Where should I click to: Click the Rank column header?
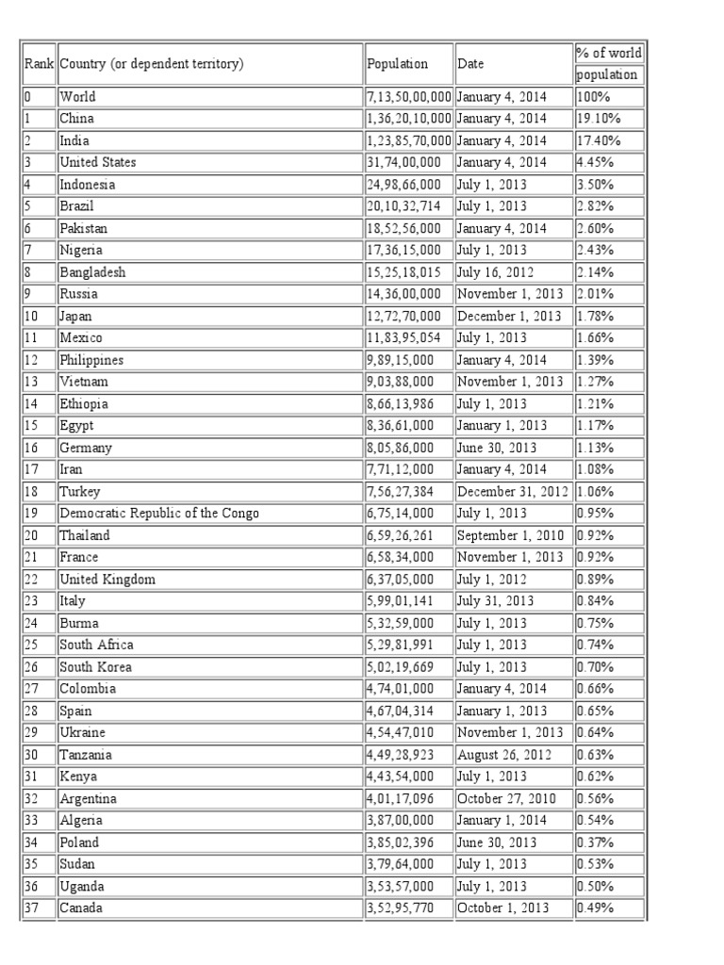pyautogui.click(x=38, y=64)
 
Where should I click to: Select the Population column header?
pyautogui.click(x=397, y=64)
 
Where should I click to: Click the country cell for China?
pyautogui.click(x=76, y=119)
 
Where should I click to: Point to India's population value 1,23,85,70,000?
pyautogui.click(x=409, y=140)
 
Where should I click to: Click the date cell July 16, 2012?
pyautogui.click(x=495, y=272)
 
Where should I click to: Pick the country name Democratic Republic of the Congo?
pyautogui.click(x=158, y=514)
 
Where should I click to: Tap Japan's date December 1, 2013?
pyautogui.click(x=508, y=316)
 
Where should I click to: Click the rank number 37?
pyautogui.click(x=32, y=908)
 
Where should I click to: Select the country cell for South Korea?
pyautogui.click(x=95, y=667)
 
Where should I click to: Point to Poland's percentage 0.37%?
pyautogui.click(x=594, y=842)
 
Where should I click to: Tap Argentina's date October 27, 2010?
pyautogui.click(x=506, y=798)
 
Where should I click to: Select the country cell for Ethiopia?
pyautogui.click(x=84, y=403)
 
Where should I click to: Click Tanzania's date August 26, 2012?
pyautogui.click(x=502, y=755)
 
